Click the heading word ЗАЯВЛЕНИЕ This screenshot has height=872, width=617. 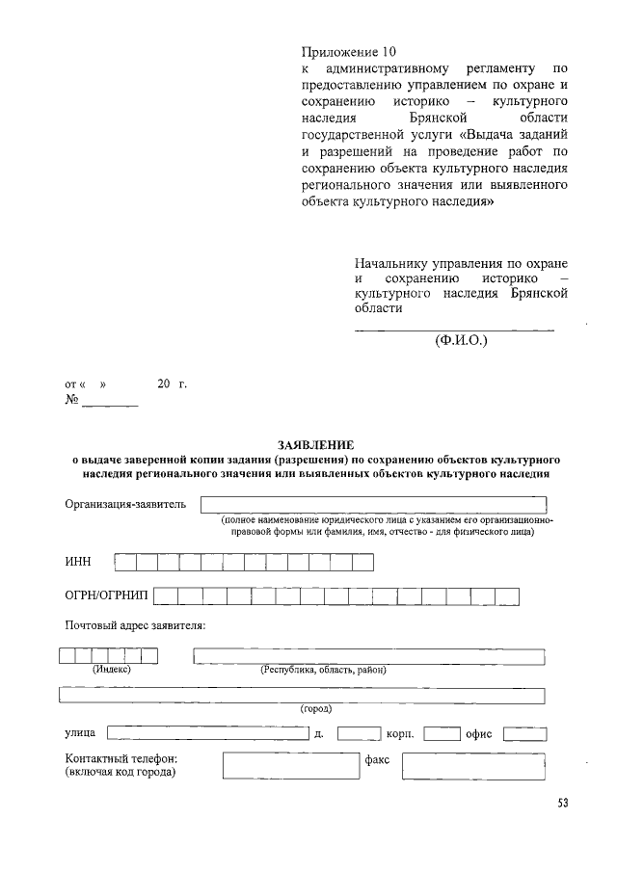coord(314,445)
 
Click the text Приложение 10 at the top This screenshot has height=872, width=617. coord(349,51)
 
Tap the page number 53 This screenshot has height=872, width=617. coord(562,805)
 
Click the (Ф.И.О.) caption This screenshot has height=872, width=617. coord(461,340)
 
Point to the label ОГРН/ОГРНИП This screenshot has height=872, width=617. coord(106,595)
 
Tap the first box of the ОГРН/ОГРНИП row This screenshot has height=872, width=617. coord(165,595)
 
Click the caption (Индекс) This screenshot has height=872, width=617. coord(111,669)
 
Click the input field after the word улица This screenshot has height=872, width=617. coord(207,734)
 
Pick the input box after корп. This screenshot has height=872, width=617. coord(442,734)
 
